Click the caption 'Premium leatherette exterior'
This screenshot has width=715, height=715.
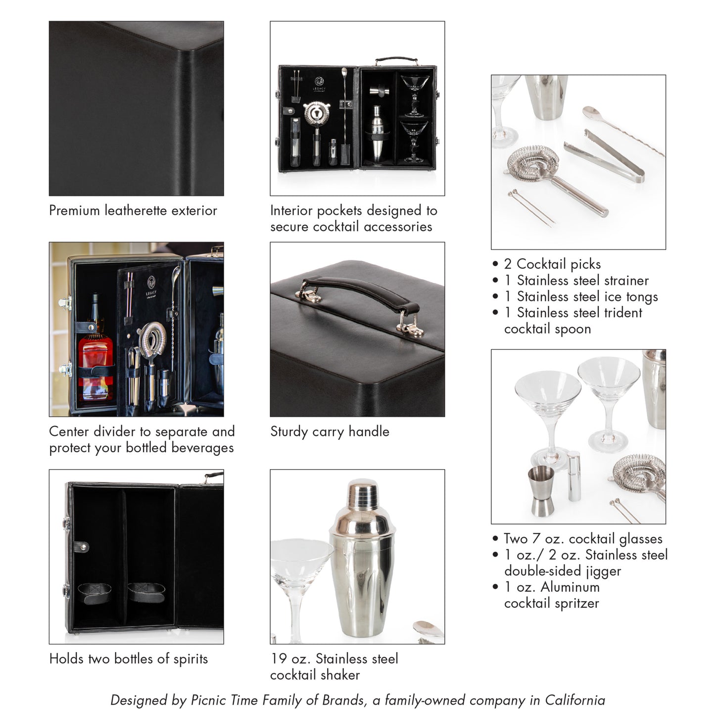click(133, 211)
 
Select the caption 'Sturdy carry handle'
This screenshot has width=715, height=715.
click(330, 431)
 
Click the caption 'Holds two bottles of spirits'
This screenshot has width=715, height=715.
click(129, 659)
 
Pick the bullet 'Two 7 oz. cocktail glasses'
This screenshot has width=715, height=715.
click(582, 539)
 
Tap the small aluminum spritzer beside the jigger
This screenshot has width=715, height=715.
click(573, 476)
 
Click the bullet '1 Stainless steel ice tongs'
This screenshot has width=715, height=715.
click(581, 297)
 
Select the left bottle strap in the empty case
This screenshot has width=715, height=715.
click(94, 593)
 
